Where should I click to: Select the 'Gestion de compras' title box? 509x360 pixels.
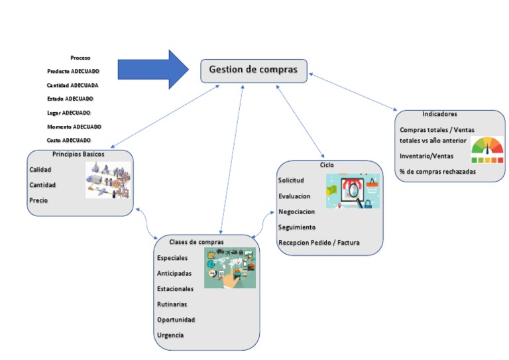pos(254,70)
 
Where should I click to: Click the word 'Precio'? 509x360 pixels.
pos(38,200)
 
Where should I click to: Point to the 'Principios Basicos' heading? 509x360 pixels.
pos(78,154)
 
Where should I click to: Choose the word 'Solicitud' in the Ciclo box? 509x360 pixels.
pos(291,180)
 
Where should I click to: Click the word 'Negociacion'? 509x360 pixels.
pos(296,211)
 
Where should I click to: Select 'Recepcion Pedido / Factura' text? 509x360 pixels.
pos(319,243)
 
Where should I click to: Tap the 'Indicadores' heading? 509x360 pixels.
pos(439,114)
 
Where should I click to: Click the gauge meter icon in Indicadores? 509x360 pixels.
pos(487,150)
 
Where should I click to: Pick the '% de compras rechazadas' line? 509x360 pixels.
pos(437,172)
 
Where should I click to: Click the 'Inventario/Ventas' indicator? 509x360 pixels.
pos(426,156)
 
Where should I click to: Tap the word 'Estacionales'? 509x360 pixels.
pos(176,289)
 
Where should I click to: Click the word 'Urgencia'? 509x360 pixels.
pos(170,335)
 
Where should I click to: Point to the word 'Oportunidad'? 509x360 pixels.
pos(176,320)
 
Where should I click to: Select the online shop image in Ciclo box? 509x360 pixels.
pos(353,192)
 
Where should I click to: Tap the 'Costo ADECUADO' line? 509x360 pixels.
pos(69,141)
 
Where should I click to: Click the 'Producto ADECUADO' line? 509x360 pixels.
pos(73,72)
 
